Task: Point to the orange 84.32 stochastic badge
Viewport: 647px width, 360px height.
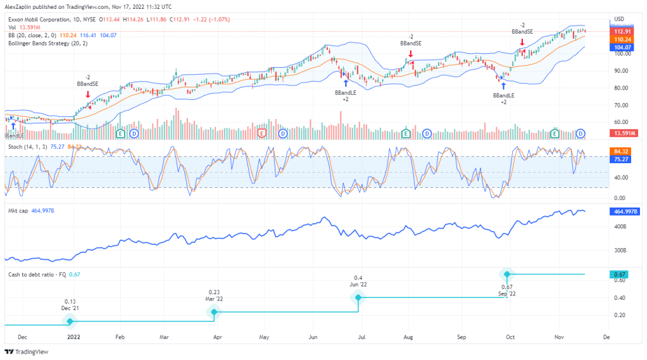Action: click(620, 151)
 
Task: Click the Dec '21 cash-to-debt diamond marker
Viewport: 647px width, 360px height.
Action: click(70, 321)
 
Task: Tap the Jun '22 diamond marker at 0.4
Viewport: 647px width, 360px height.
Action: click(358, 297)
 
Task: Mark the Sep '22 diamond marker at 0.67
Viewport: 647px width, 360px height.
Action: click(505, 274)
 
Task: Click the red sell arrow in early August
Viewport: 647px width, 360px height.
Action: click(411, 54)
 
